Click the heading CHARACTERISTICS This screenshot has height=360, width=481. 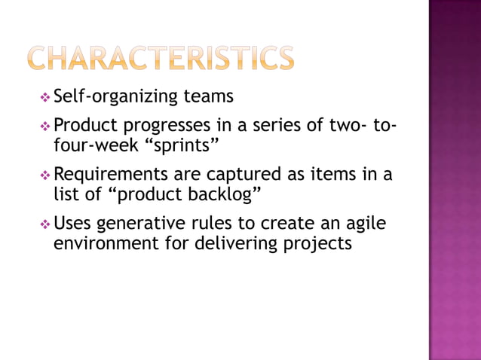coord(160,59)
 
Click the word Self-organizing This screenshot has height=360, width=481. coord(116,97)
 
